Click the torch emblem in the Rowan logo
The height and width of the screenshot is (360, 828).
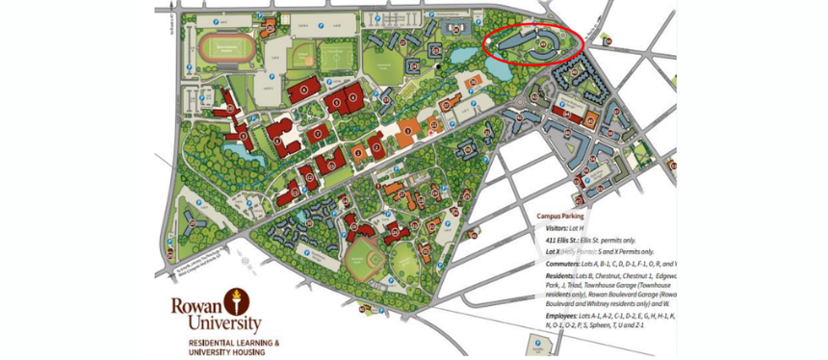click(x=231, y=300)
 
